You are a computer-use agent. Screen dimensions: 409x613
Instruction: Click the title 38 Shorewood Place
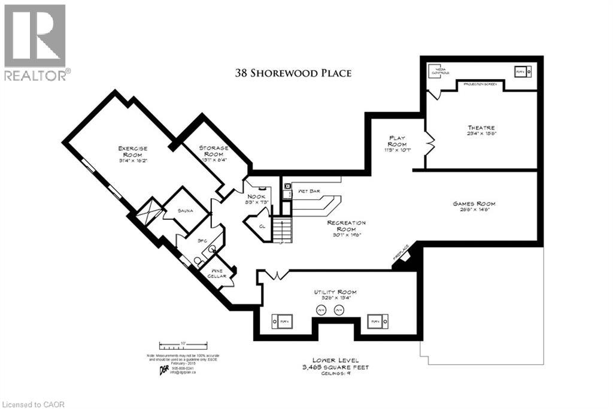293,73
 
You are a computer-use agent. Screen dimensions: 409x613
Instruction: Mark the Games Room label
474,207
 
